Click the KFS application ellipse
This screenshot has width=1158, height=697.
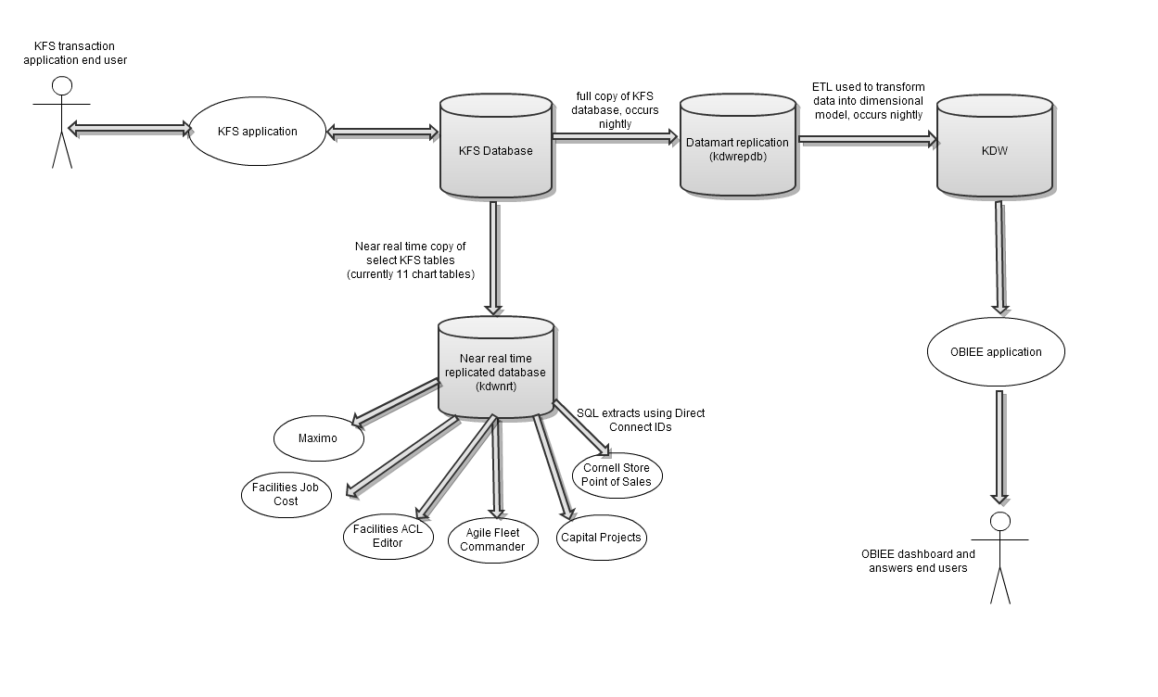[x=257, y=132]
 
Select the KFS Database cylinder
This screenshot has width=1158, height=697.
[x=496, y=146]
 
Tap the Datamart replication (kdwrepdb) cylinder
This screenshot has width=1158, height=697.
[x=738, y=145]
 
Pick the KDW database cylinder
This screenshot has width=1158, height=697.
[x=995, y=146]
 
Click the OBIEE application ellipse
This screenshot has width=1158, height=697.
[x=996, y=352]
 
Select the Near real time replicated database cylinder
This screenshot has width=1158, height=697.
[x=496, y=367]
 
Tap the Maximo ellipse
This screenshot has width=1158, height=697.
[x=318, y=438]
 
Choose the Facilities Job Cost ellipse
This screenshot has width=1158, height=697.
[x=286, y=494]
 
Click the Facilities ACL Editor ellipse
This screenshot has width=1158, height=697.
[x=388, y=537]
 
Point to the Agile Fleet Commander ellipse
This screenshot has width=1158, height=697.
[x=492, y=540]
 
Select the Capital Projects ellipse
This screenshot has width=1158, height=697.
[x=601, y=538]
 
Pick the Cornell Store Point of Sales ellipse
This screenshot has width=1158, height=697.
[x=617, y=475]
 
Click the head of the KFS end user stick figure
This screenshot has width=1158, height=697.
[x=62, y=86]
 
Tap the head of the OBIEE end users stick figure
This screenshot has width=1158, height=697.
[x=999, y=521]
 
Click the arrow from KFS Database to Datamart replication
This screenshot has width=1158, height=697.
[x=615, y=137]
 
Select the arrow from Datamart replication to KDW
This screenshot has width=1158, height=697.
[x=868, y=139]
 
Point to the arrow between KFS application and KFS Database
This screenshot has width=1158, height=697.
[x=383, y=133]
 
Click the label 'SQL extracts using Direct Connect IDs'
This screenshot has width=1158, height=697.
[x=641, y=420]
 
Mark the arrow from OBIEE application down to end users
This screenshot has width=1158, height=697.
[x=999, y=448]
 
